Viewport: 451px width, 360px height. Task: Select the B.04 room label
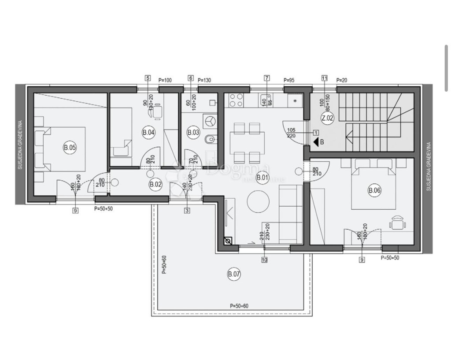(148, 132)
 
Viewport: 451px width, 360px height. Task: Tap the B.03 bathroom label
(193, 132)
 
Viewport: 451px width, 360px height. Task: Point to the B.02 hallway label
(155, 185)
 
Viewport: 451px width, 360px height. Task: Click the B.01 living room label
(262, 178)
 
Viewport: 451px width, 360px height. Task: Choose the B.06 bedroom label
(374, 190)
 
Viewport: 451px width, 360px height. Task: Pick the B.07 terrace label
(234, 275)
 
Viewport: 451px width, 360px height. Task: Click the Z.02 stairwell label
(328, 118)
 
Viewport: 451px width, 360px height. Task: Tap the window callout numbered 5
(148, 78)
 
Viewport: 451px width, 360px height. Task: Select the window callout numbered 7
(266, 78)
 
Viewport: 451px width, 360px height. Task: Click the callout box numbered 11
(325, 78)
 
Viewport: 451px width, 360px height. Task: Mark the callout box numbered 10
(264, 260)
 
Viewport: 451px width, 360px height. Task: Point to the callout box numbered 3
(187, 211)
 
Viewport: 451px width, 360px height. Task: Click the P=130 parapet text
(205, 80)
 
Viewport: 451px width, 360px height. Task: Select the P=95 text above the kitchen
(289, 80)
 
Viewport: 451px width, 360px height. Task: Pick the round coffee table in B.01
(258, 202)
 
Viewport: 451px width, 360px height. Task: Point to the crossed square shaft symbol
(228, 241)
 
